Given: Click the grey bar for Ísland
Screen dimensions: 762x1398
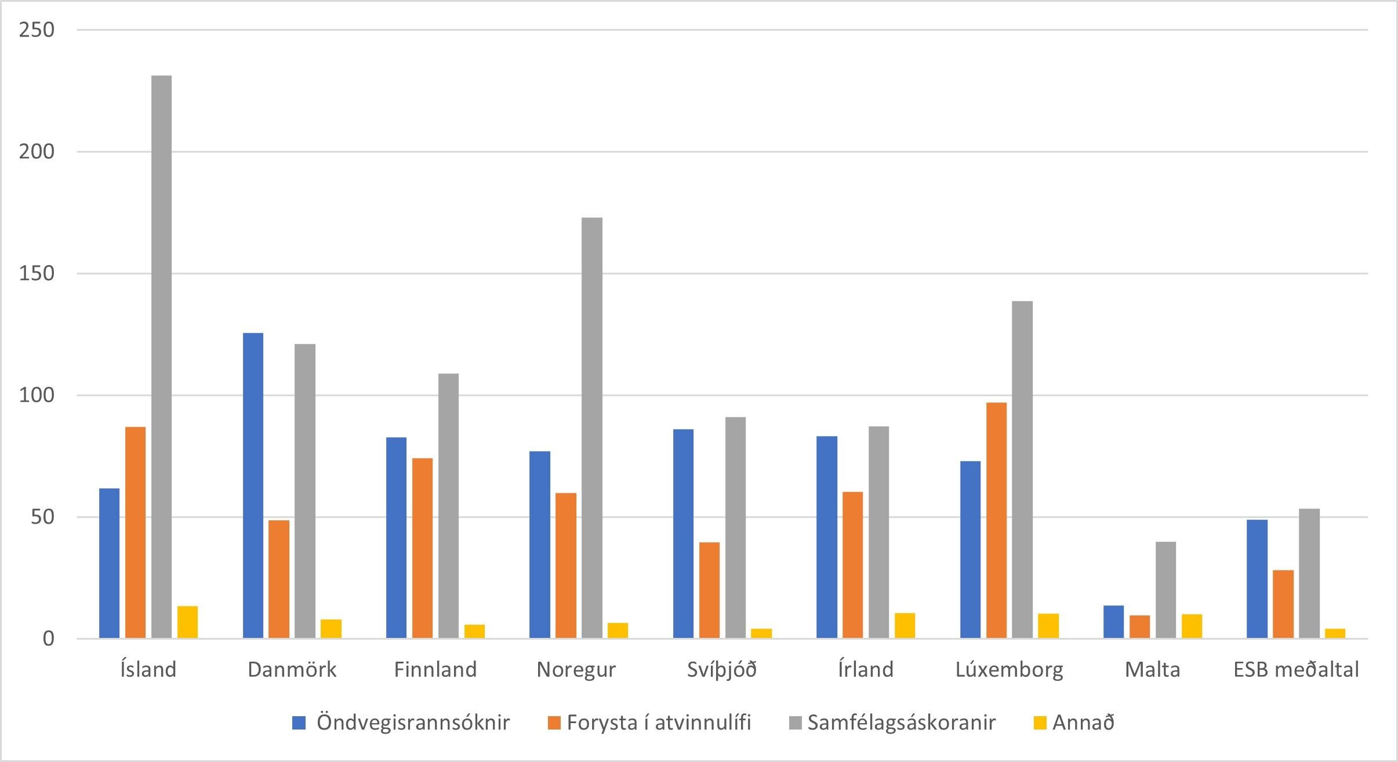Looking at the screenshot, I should pos(161,357).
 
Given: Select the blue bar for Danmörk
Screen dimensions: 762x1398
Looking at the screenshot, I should pos(253,485).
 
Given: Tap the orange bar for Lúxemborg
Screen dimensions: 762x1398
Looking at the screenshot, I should pos(996,520).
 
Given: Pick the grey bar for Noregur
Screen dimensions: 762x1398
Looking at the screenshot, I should pos(592,427).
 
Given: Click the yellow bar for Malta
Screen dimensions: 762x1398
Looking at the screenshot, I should pos(1192,626).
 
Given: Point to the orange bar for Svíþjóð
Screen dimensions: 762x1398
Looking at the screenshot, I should pos(709,590).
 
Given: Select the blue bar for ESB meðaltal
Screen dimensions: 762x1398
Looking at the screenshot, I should pos(1257,579).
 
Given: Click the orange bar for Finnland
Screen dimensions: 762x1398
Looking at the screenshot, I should pos(422,548).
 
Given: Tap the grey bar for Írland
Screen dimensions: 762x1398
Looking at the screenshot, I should pos(878,532).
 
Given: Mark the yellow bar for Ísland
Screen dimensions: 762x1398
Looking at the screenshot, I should pos(187,622).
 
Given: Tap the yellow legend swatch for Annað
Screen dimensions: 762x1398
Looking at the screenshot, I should pos(1040,723).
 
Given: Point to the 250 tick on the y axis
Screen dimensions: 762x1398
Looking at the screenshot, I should pos(37,30).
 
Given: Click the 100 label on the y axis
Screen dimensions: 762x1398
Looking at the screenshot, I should pos(37,395).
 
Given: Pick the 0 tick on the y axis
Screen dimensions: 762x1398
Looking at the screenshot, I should pos(48,638).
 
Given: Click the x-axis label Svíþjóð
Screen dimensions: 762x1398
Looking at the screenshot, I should pos(722,670).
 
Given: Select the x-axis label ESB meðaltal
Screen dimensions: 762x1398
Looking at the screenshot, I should pos(1296,670).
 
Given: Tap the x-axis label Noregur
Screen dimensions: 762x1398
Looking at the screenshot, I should pos(576,670).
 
